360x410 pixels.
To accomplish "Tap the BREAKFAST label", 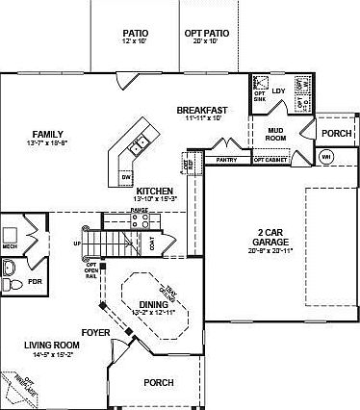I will [x=202, y=110].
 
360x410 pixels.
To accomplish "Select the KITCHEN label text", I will [x=154, y=192].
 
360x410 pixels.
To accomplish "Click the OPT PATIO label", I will [x=206, y=32].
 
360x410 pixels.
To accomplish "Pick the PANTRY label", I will [x=227, y=160].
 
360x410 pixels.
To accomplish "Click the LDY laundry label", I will [x=279, y=91].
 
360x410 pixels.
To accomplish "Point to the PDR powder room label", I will [x=36, y=282].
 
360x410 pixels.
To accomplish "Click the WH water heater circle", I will [x=326, y=156].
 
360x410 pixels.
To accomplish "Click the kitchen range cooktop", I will [x=139, y=218].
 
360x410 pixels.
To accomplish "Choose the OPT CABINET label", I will [x=270, y=160].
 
